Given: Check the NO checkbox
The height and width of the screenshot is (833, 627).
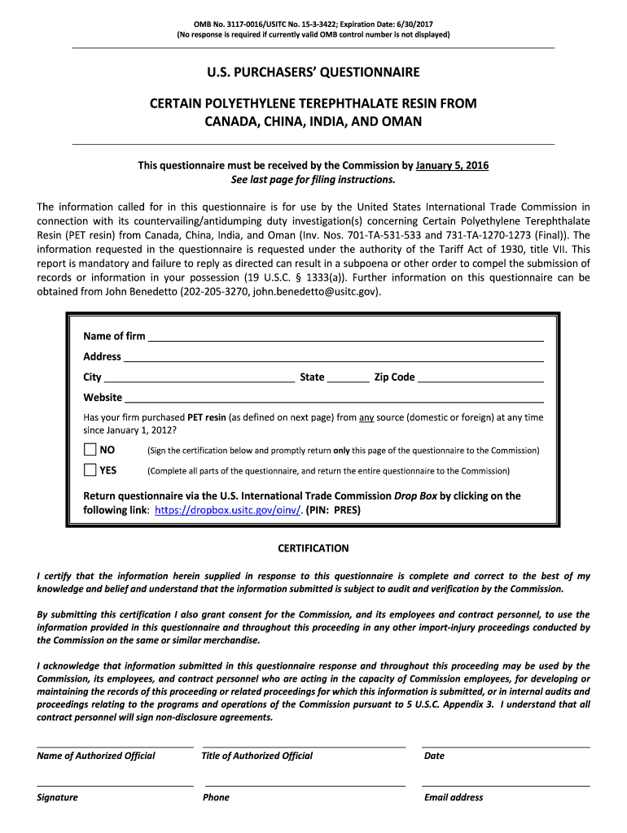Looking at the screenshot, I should pos(90,450).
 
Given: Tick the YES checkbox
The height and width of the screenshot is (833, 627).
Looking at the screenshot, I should pos(90,470).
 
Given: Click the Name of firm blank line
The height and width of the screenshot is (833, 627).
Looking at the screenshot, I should pos(345,336).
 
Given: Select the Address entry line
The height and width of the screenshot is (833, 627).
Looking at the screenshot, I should pos(333,356).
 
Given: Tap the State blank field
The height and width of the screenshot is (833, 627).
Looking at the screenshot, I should pos(349,377).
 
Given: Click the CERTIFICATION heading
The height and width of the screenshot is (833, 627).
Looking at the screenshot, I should pos(313,548).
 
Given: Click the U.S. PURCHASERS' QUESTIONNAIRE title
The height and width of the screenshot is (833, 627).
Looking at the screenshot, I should pos(313,72).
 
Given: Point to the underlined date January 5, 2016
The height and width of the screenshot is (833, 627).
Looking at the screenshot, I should pos(452,165).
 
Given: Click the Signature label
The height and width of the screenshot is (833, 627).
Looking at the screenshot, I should pos(57,797).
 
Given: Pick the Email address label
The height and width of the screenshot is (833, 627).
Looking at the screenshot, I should pos(454,797).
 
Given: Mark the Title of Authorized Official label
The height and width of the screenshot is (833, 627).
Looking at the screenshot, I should pos(257,756).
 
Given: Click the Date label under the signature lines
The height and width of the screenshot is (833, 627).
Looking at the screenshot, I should pos(434,756).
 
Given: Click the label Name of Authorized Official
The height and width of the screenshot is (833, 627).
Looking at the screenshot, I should pos(96,756).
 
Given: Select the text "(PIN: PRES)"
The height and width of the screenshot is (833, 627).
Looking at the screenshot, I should pos(333,511).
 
